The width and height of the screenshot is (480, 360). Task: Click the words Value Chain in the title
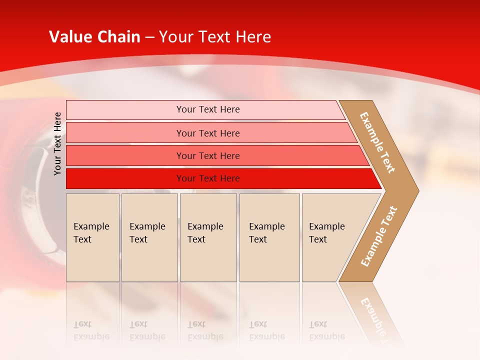pyautogui.click(x=94, y=37)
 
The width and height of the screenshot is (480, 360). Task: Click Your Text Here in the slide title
pyautogui.click(x=215, y=37)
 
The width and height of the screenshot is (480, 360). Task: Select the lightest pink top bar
pyautogui.click(x=125, y=109)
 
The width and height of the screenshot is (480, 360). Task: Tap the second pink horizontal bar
pyautogui.click(x=125, y=133)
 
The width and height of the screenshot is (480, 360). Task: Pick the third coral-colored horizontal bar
pyautogui.click(x=125, y=155)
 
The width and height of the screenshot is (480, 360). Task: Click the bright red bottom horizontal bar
pyautogui.click(x=125, y=178)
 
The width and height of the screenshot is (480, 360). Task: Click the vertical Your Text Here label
pyautogui.click(x=57, y=143)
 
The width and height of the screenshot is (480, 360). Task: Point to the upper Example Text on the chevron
pyautogui.click(x=378, y=142)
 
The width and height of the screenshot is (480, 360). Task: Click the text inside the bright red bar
pyautogui.click(x=208, y=178)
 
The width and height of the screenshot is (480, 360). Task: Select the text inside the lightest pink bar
pyautogui.click(x=208, y=109)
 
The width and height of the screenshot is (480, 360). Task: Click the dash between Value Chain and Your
pyautogui.click(x=149, y=37)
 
